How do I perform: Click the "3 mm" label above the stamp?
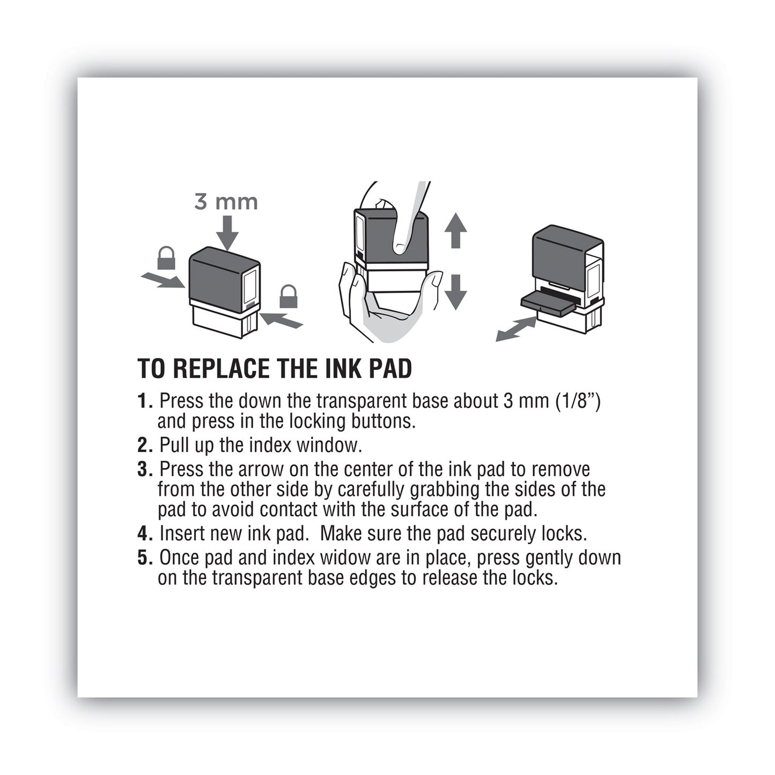tap(226, 202)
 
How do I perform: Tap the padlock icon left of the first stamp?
tap(166, 258)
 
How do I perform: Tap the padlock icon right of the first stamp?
tap(288, 296)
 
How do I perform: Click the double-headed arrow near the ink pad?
tap(515, 328)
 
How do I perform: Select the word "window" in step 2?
tap(329, 445)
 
